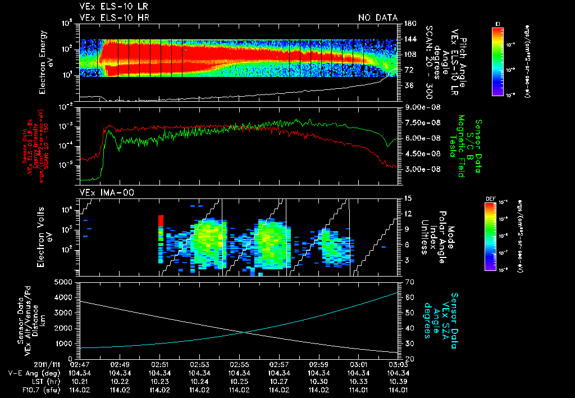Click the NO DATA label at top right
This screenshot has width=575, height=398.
[377, 17]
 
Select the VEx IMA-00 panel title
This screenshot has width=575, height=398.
[102, 192]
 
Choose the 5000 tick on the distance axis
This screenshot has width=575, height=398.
[65, 282]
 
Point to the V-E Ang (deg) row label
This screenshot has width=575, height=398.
[27, 373]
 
